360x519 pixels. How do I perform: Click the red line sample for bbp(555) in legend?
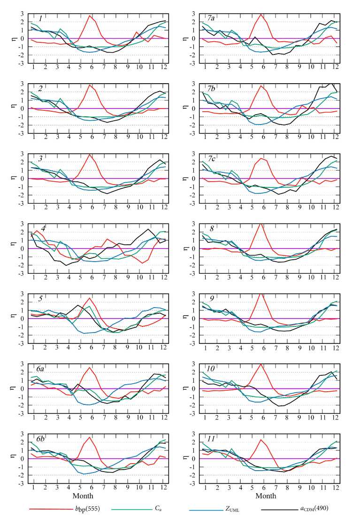47,509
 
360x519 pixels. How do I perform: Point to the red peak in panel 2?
89,85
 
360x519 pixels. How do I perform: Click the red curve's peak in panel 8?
261,224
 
